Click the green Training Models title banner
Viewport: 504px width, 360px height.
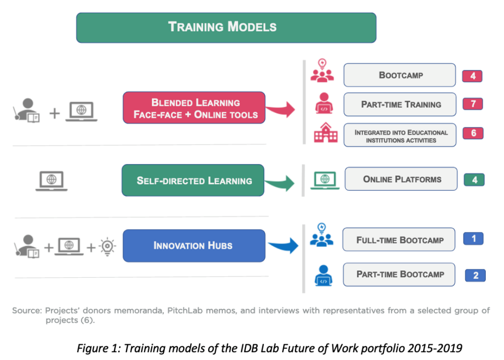(x=226, y=27)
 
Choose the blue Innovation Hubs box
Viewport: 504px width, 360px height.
(x=193, y=245)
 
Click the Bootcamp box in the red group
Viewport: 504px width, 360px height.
(x=400, y=75)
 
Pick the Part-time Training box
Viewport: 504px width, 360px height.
(x=400, y=104)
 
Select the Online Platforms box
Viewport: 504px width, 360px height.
(x=401, y=179)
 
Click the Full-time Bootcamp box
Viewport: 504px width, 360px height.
(x=399, y=240)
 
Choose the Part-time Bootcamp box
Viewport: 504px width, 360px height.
(x=399, y=274)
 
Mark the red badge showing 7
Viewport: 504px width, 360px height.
(x=472, y=104)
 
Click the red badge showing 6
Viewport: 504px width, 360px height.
(x=472, y=133)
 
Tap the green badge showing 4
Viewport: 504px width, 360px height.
(x=474, y=180)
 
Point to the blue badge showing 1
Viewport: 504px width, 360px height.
(x=473, y=239)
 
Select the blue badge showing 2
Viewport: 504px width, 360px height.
(x=475, y=275)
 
